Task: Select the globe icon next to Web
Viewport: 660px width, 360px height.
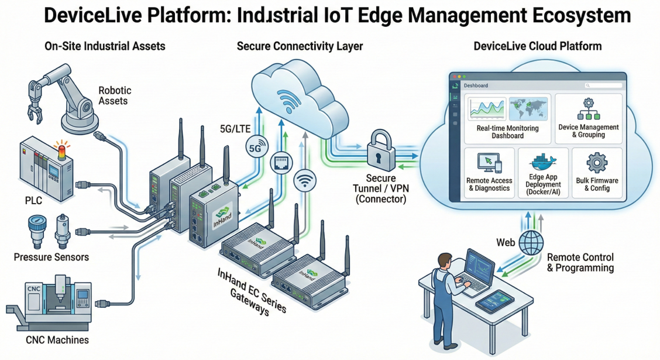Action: pos(531,242)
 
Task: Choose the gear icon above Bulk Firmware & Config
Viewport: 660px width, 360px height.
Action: pos(597,162)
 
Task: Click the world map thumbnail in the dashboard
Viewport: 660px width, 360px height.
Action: pos(528,109)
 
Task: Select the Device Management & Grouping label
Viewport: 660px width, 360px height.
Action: pos(588,131)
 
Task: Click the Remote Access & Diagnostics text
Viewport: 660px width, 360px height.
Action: pos(489,184)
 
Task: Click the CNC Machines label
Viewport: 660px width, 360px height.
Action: pos(57,340)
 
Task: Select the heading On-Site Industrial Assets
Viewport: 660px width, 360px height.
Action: pos(105,46)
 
